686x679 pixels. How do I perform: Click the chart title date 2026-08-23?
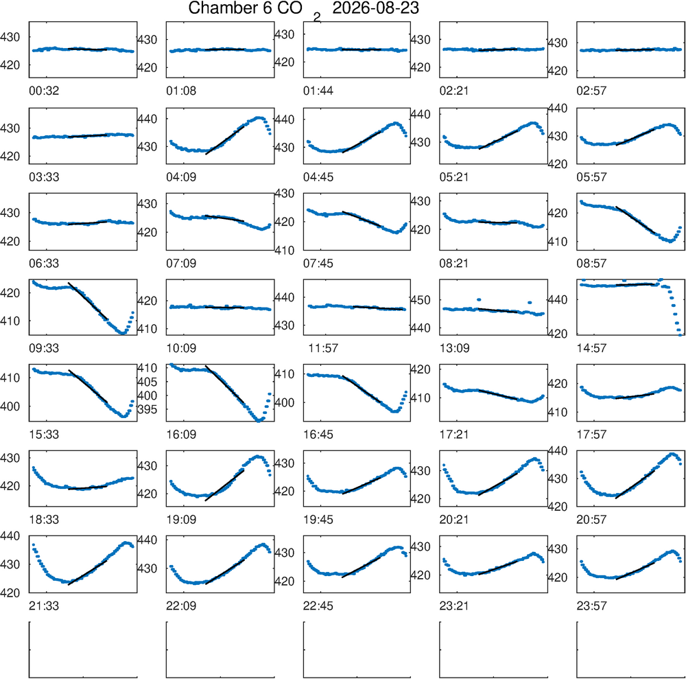[375, 8]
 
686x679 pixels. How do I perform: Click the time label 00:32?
[44, 91]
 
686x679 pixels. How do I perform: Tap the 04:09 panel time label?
[181, 177]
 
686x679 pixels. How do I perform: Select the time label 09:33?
[44, 348]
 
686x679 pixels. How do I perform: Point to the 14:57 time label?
[591, 348]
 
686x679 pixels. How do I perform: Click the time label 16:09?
[181, 435]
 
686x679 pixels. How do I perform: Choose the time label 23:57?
[591, 606]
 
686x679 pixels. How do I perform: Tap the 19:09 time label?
[181, 520]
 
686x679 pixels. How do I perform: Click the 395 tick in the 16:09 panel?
[147, 410]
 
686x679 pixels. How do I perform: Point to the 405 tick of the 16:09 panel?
[147, 382]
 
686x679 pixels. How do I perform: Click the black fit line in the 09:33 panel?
[88, 301]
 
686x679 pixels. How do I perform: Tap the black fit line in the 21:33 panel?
[88, 573]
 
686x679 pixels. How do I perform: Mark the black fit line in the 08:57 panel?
[635, 219]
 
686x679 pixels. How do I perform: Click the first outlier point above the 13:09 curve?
[479, 299]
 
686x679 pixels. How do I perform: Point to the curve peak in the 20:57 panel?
[672, 454]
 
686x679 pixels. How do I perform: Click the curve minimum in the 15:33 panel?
[123, 416]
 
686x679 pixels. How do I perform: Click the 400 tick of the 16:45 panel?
[285, 402]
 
